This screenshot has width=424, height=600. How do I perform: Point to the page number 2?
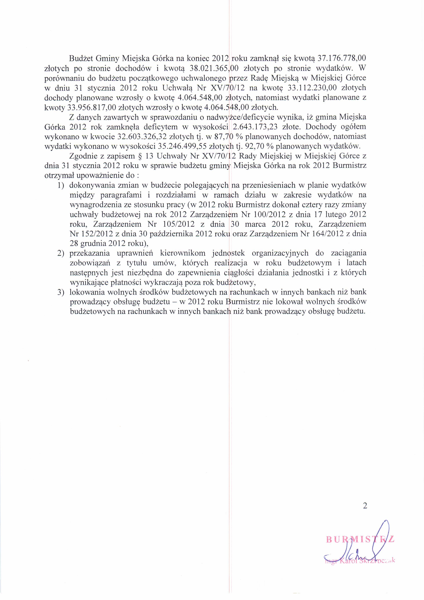coord(365,505)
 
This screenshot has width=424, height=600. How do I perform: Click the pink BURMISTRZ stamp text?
coord(360,539)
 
